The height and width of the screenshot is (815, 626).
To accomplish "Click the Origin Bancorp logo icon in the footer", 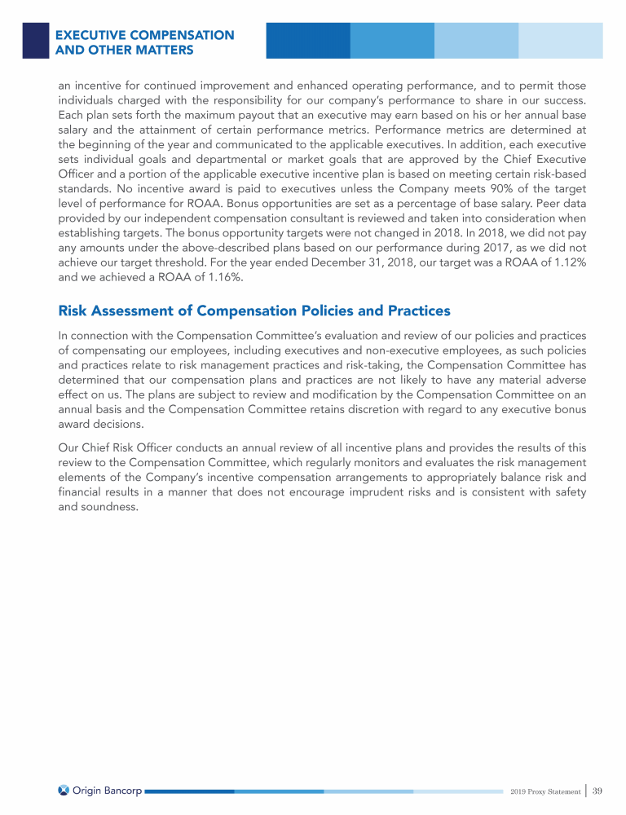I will pos(64,791).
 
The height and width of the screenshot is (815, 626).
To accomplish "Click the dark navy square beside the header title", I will pos(36,39).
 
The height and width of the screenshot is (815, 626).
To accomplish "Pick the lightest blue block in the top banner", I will pos(561,40).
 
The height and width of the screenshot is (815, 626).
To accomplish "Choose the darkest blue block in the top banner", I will pos(308,40).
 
